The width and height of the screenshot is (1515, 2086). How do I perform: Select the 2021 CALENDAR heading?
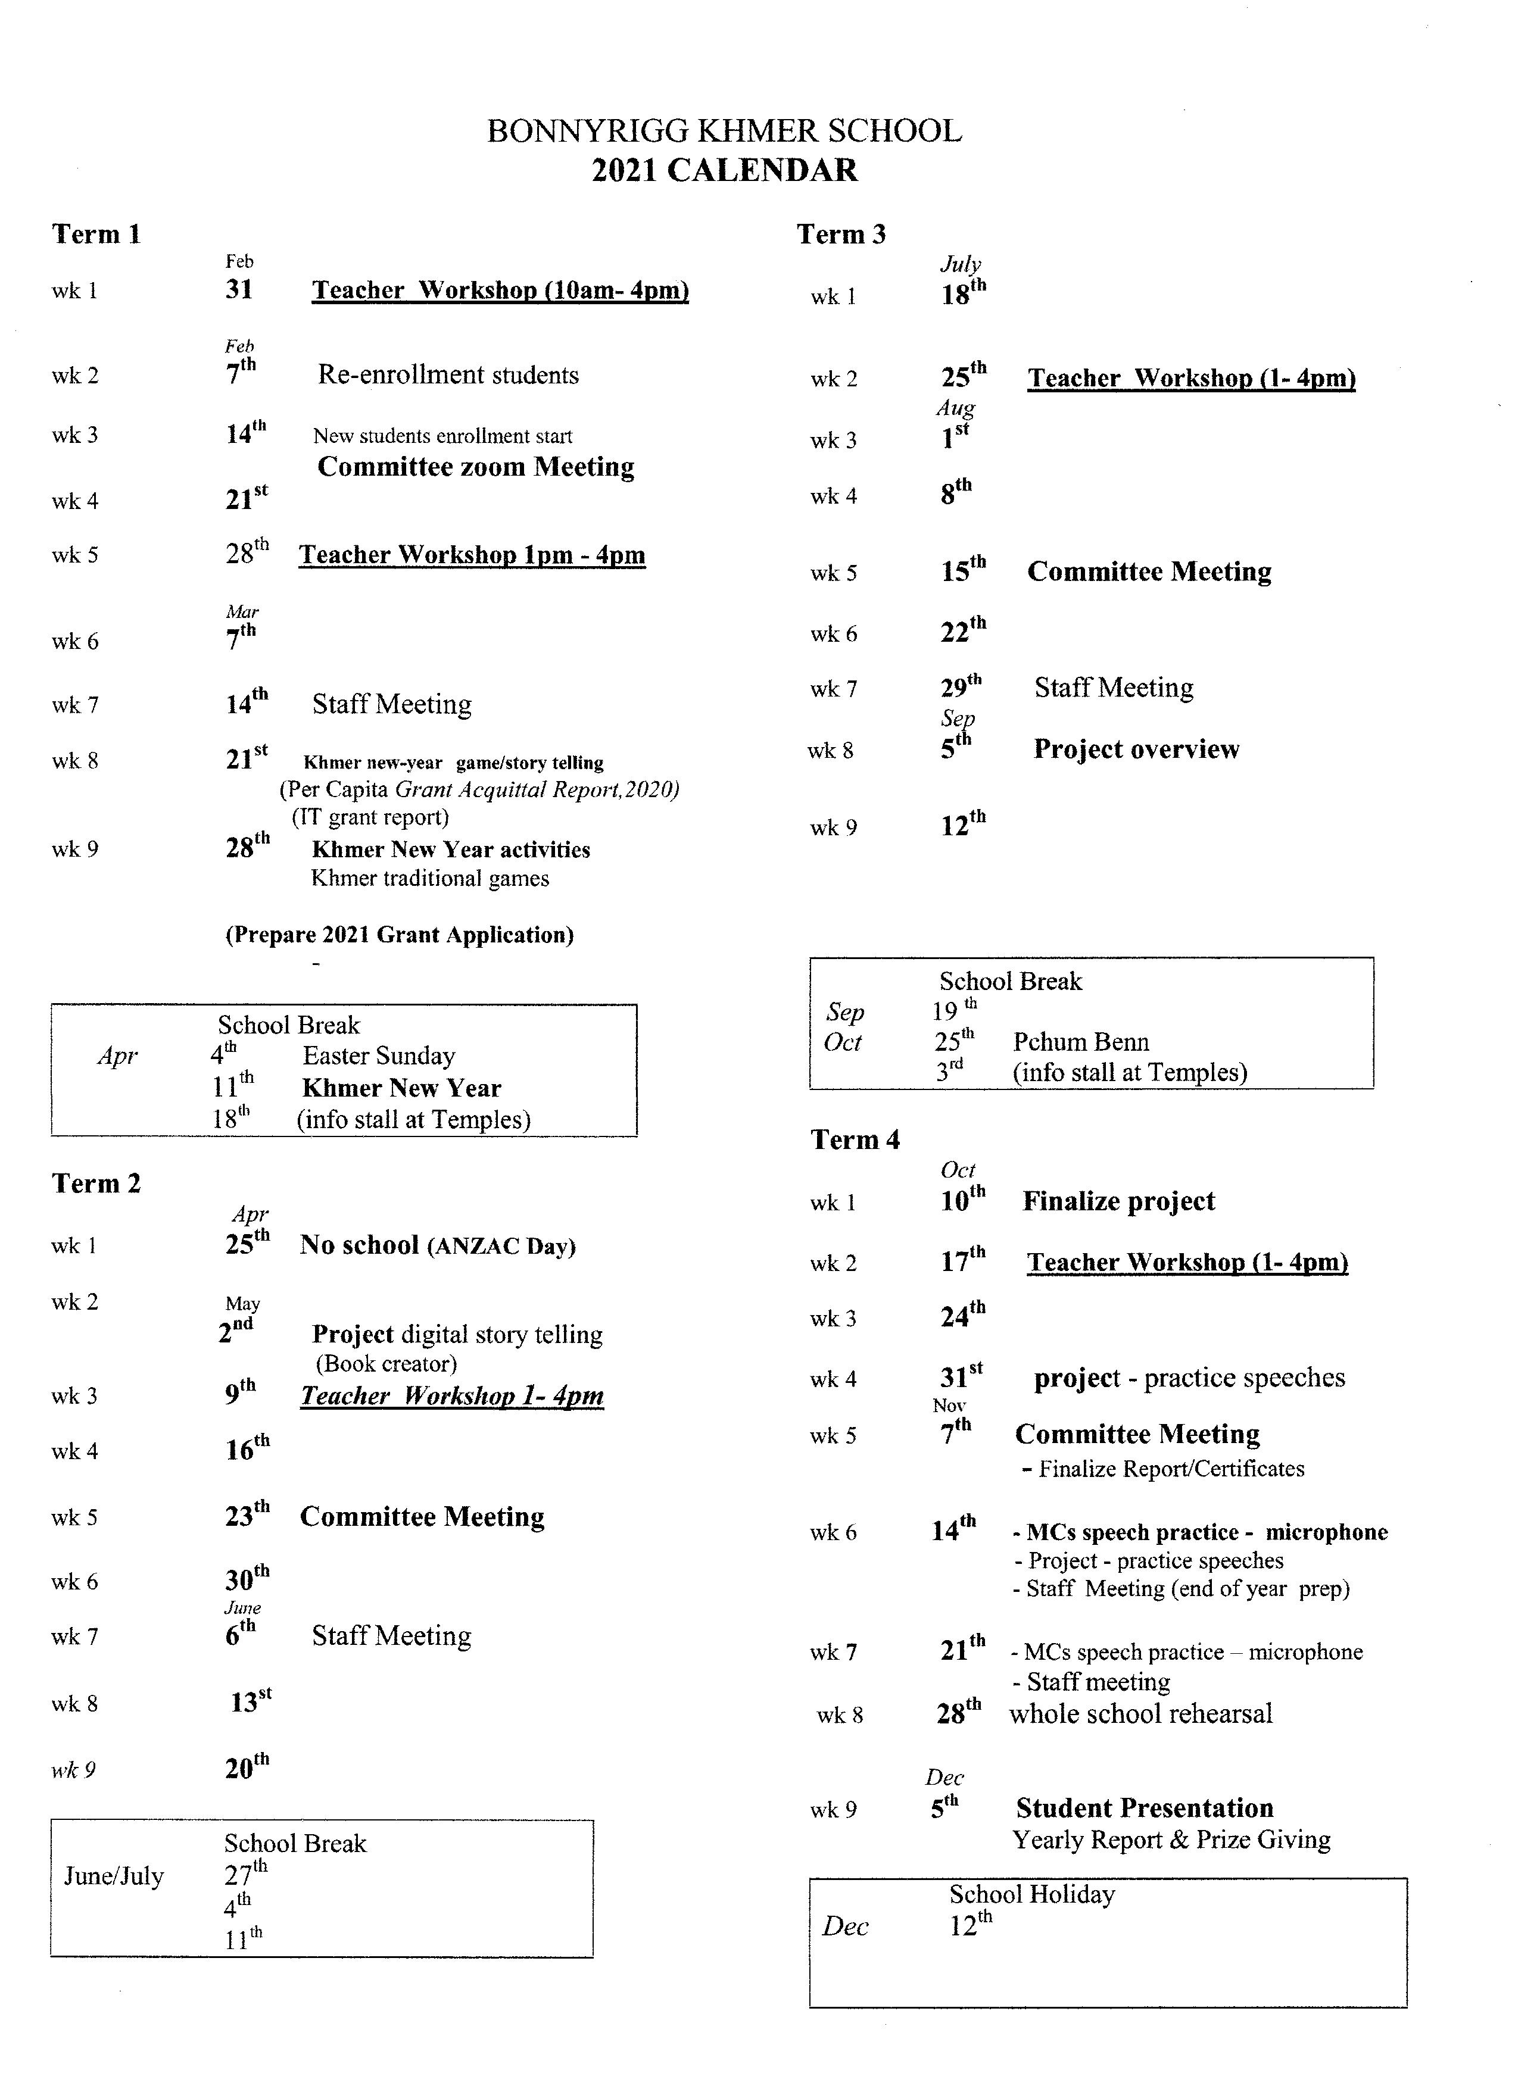tap(724, 170)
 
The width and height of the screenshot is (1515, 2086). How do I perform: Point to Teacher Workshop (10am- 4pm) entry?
tap(500, 291)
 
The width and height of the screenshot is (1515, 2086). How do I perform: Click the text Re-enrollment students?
tap(448, 374)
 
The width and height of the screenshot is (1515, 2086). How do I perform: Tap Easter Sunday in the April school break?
tap(379, 1056)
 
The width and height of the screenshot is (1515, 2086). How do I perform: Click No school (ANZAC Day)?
tap(437, 1245)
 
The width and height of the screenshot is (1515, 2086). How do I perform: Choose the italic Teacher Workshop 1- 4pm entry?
tap(451, 1396)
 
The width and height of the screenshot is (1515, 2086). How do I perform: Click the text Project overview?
tap(1136, 749)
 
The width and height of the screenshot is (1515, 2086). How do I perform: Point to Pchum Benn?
tap(1081, 1042)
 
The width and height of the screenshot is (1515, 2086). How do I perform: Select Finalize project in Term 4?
tap(1118, 1201)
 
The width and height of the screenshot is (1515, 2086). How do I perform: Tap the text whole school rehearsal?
tap(1140, 1713)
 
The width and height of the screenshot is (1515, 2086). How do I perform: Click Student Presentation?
tap(1145, 1808)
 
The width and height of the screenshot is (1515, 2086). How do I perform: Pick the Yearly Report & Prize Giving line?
tap(1171, 1840)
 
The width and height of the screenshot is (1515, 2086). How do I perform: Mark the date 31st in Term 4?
tap(961, 1377)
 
